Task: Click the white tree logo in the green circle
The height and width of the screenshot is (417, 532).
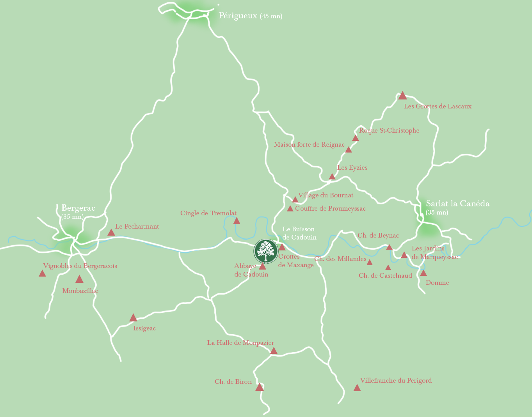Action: point(265,252)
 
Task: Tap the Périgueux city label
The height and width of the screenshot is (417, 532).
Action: point(238,16)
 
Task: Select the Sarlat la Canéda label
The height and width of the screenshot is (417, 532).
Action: point(457,204)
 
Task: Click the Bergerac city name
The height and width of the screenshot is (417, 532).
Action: point(78,208)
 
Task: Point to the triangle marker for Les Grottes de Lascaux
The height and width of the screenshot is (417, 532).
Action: point(402,96)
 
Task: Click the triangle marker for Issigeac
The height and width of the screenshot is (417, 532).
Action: point(133,318)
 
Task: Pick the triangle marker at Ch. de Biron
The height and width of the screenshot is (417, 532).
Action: point(260,387)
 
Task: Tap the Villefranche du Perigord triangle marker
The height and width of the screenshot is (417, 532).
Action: point(357,388)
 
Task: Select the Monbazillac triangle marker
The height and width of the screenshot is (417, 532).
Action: point(79,279)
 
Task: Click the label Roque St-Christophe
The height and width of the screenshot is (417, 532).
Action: point(389,131)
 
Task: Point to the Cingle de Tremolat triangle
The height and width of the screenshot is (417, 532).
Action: point(237,221)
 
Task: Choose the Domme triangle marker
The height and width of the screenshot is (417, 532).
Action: point(423,273)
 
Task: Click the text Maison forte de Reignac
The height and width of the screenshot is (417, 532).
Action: point(309,145)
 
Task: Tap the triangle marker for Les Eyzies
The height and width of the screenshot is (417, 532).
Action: point(332,177)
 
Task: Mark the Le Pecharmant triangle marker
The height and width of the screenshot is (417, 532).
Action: point(111,232)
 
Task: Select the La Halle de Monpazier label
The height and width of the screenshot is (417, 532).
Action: point(240,343)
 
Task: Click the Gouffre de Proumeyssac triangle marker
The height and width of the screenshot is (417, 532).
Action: point(290,209)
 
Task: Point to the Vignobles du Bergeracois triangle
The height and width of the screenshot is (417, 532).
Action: point(43,273)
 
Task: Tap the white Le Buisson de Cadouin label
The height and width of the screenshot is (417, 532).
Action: point(299,233)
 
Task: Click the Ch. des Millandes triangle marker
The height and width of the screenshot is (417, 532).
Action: point(370,263)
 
